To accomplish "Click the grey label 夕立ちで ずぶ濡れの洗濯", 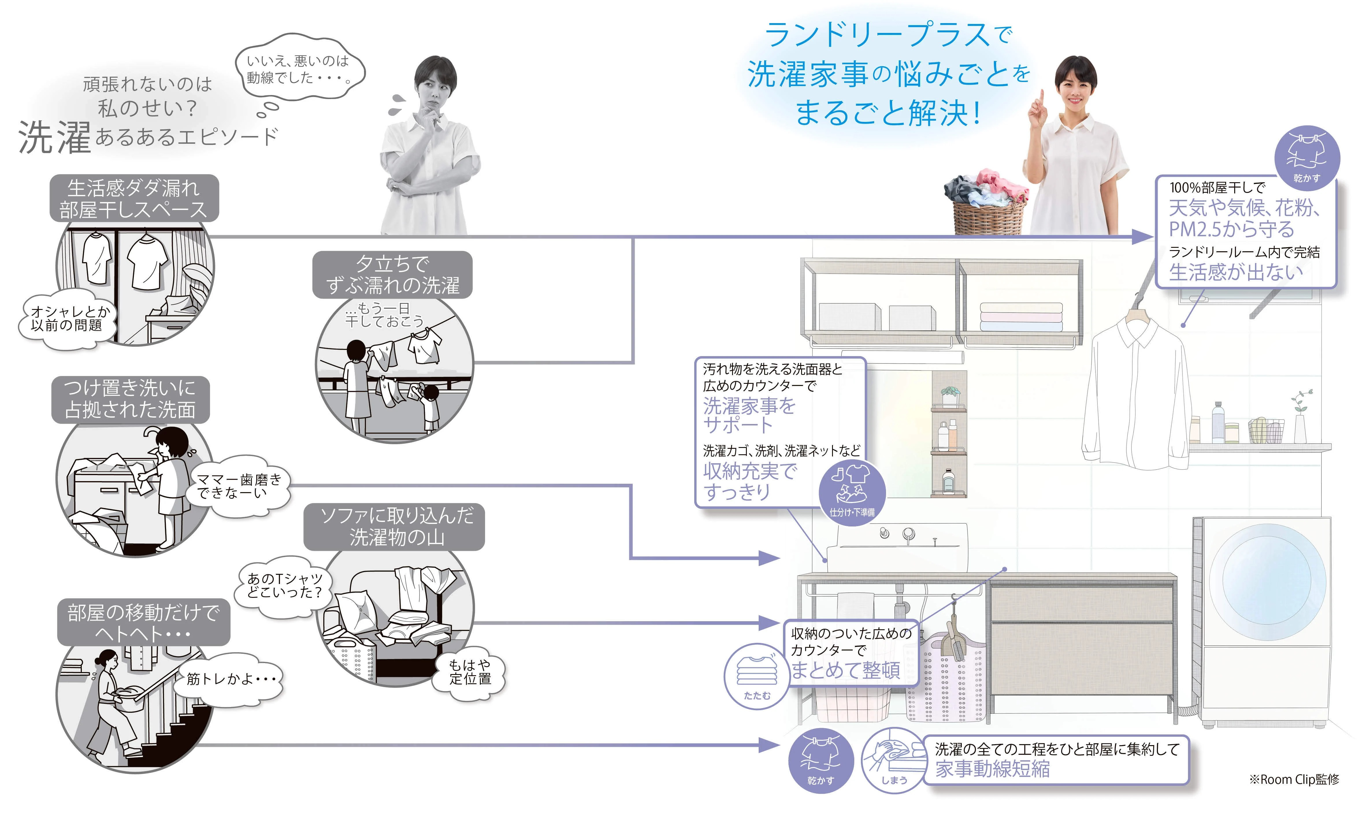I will coord(392,275).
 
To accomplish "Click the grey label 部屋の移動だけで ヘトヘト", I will coord(143,622).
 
